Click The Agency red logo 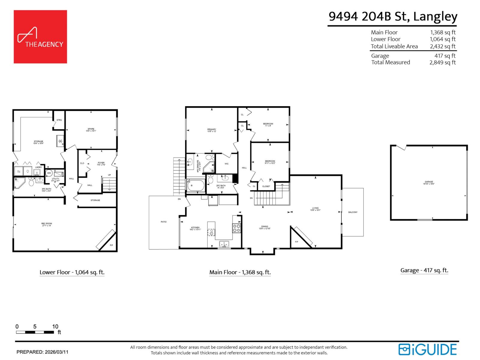40,37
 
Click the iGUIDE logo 427,349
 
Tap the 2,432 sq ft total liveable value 442,46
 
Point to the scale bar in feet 35,332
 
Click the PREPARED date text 42,352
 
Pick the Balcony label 353,212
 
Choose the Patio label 163,222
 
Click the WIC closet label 226,164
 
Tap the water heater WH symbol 49,173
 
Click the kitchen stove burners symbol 236,228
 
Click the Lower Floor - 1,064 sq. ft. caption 72,272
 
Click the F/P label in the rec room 111,245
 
